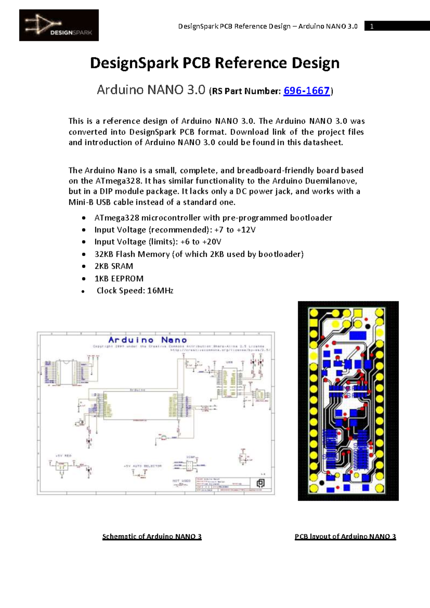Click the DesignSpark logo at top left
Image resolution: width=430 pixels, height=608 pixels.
coord(59,25)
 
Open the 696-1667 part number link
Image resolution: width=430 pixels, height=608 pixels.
coord(306,91)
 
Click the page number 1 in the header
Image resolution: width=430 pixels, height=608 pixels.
coord(372,26)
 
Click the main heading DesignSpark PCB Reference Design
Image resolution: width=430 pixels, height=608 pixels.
coord(215,63)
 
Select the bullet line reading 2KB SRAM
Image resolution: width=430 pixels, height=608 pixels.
coord(114,266)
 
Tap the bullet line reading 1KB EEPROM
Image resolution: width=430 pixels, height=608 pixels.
coord(119,279)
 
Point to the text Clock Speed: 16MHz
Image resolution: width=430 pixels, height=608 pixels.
coord(135,291)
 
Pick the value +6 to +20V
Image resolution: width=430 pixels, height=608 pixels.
coord(201,242)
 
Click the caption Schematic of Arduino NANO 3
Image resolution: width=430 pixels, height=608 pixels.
coord(152,537)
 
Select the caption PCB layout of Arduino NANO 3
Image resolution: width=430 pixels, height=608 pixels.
coord(345,537)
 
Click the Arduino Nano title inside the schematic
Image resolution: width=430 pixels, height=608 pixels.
coord(148,340)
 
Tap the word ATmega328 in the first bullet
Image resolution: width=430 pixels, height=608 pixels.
coord(116,218)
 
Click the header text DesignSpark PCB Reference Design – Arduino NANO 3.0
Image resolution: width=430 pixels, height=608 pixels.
coord(268,26)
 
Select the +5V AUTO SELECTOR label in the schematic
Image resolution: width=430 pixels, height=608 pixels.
coord(143,466)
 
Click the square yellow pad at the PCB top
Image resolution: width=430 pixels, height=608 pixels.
coord(357,314)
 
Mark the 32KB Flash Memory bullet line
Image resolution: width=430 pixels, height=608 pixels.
coord(199,254)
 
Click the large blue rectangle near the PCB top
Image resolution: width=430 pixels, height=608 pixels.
coord(357,336)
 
